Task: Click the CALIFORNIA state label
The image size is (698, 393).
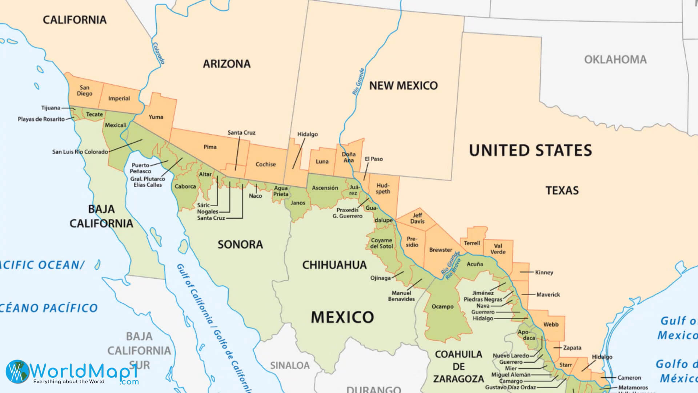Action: (x=75, y=20)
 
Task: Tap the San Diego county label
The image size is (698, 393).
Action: (x=84, y=91)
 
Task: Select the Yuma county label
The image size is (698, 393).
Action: (x=156, y=117)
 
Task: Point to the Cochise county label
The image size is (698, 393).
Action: (x=265, y=164)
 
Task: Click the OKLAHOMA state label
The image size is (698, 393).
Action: (x=615, y=59)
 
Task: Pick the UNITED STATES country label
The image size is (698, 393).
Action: (x=530, y=150)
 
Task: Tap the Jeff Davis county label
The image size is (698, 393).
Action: (x=417, y=218)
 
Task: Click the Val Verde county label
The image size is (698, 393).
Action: (x=498, y=249)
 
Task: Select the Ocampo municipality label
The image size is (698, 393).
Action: (x=442, y=306)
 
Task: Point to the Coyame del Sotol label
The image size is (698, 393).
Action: (x=381, y=243)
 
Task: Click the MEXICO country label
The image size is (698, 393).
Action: (x=342, y=317)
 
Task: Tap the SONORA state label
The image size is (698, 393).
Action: (x=240, y=244)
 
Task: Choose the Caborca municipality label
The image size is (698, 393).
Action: (x=185, y=186)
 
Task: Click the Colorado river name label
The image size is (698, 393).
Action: (x=159, y=53)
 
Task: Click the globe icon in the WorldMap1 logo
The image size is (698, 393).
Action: (x=17, y=372)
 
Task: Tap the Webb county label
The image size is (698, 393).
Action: (x=551, y=324)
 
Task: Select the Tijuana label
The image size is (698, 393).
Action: (x=51, y=108)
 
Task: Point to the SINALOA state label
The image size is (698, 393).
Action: (x=290, y=365)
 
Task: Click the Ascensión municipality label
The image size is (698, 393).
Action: (x=325, y=188)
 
